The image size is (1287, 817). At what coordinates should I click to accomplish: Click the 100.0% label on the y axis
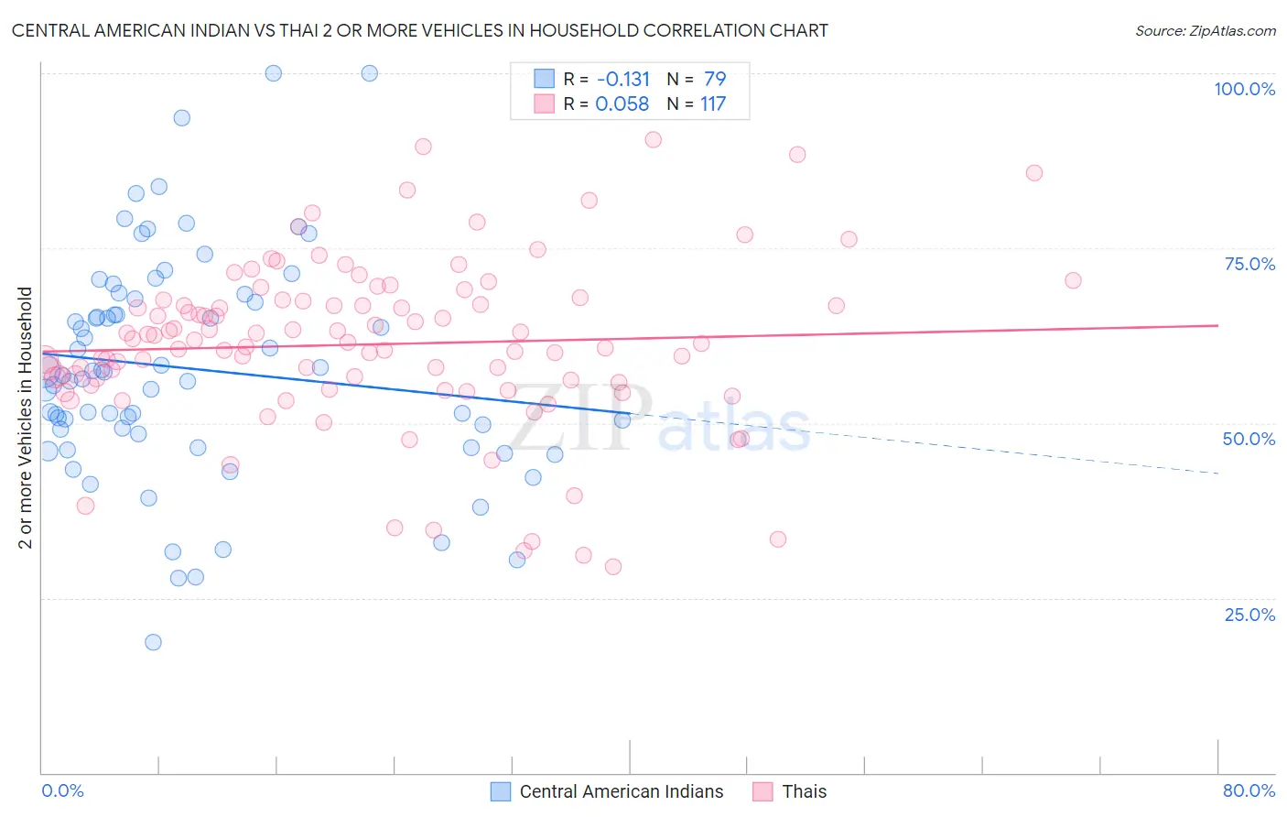(x=1244, y=89)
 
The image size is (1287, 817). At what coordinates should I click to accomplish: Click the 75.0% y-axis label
(x=1249, y=264)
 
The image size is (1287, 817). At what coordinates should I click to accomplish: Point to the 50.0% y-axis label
(x=1249, y=439)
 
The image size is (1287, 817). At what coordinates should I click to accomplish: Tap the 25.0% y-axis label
(x=1249, y=614)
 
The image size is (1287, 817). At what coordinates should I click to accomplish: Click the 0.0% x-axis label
(x=62, y=790)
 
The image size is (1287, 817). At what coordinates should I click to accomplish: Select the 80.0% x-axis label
(x=1249, y=790)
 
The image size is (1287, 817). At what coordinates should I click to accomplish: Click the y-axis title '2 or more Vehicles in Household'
(x=26, y=418)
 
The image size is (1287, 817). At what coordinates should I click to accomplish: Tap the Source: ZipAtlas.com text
(x=1205, y=30)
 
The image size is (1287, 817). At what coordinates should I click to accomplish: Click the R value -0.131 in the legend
(x=622, y=79)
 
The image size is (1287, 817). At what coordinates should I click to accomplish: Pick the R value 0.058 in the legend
(x=622, y=103)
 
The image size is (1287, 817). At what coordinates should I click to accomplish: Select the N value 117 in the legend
(x=713, y=103)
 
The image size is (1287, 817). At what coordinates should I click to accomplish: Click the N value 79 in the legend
(x=715, y=79)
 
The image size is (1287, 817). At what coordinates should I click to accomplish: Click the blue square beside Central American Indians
(x=500, y=791)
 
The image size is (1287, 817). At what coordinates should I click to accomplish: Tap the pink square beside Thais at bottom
(x=762, y=791)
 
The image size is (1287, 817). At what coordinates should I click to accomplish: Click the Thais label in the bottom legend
(x=804, y=791)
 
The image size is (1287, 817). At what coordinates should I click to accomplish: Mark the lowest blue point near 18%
(x=153, y=642)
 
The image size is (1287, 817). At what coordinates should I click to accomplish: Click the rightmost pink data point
(x=1073, y=280)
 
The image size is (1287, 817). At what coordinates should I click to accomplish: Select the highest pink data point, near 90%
(x=653, y=139)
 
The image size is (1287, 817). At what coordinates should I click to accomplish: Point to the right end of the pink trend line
(x=1217, y=325)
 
